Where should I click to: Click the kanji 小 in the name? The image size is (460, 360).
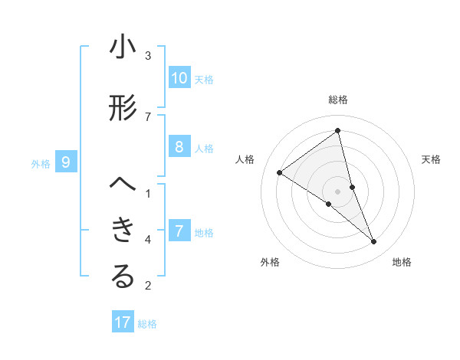123,47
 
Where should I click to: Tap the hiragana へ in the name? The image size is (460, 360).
123,185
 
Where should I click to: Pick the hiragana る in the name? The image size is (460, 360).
123,277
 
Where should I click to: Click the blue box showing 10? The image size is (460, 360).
179,78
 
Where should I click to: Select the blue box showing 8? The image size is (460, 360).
179,147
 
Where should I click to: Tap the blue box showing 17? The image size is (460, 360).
123,322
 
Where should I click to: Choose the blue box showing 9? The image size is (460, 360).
66,162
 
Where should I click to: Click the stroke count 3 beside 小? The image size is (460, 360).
148,55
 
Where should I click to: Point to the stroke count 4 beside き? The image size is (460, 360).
148,240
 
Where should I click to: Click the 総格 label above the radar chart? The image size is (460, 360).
338,100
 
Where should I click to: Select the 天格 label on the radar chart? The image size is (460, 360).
431,159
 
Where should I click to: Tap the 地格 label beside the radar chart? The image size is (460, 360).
402,262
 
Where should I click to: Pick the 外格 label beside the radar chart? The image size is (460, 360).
270,262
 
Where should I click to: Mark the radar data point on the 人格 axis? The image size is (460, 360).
279,172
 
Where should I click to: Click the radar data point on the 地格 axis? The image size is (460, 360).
374,242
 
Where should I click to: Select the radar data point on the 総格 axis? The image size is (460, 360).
338,130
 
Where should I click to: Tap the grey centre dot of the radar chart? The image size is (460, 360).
338,191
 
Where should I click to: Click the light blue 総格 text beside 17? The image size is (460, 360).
147,324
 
